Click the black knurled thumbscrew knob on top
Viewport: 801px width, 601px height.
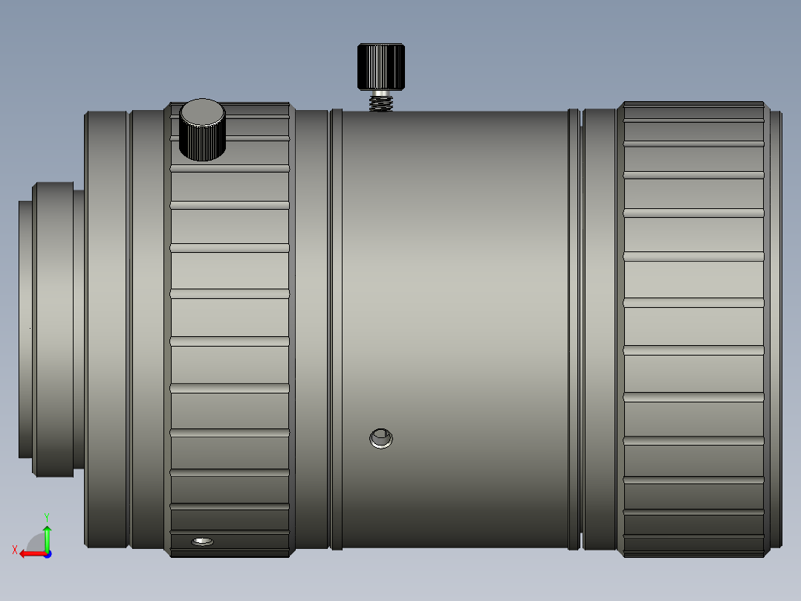coord(381,67)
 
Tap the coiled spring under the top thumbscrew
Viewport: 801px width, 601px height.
coord(381,101)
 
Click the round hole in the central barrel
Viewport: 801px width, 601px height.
coord(381,438)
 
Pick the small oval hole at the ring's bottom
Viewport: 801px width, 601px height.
coord(202,541)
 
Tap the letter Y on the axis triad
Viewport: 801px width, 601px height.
coord(46,515)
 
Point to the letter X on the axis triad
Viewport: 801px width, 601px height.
coord(14,550)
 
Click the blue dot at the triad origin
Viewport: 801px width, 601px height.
coord(47,553)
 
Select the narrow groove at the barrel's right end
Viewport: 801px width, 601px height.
coord(574,327)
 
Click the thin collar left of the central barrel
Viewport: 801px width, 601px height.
coord(336,327)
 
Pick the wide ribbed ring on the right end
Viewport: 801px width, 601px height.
coord(694,327)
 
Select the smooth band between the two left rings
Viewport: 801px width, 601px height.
coord(147,327)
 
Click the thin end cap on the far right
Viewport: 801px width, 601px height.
coord(775,327)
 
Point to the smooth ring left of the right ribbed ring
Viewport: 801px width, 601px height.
coord(599,327)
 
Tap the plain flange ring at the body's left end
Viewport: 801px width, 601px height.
coord(106,327)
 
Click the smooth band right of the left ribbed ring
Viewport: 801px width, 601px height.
coord(311,327)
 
